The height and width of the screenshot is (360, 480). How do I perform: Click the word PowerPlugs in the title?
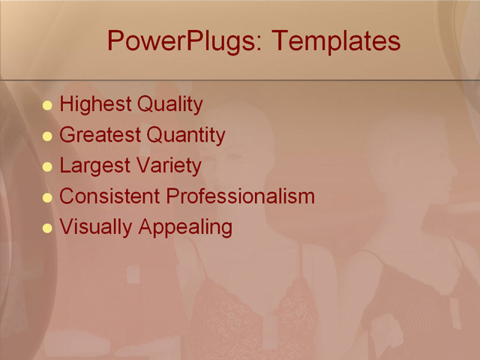[x=183, y=40]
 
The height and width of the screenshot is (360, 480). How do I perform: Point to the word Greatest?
[x=100, y=135]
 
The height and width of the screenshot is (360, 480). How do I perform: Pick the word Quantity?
[x=186, y=136]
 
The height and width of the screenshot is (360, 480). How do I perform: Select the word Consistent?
[x=109, y=196]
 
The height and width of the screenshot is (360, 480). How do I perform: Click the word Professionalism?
[x=240, y=196]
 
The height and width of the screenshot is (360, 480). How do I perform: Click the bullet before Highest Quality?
[x=48, y=106]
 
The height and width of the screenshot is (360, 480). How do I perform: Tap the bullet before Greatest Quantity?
[x=48, y=136]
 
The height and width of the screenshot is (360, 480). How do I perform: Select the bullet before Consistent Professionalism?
[x=48, y=198]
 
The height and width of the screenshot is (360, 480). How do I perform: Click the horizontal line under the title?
[x=240, y=79]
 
